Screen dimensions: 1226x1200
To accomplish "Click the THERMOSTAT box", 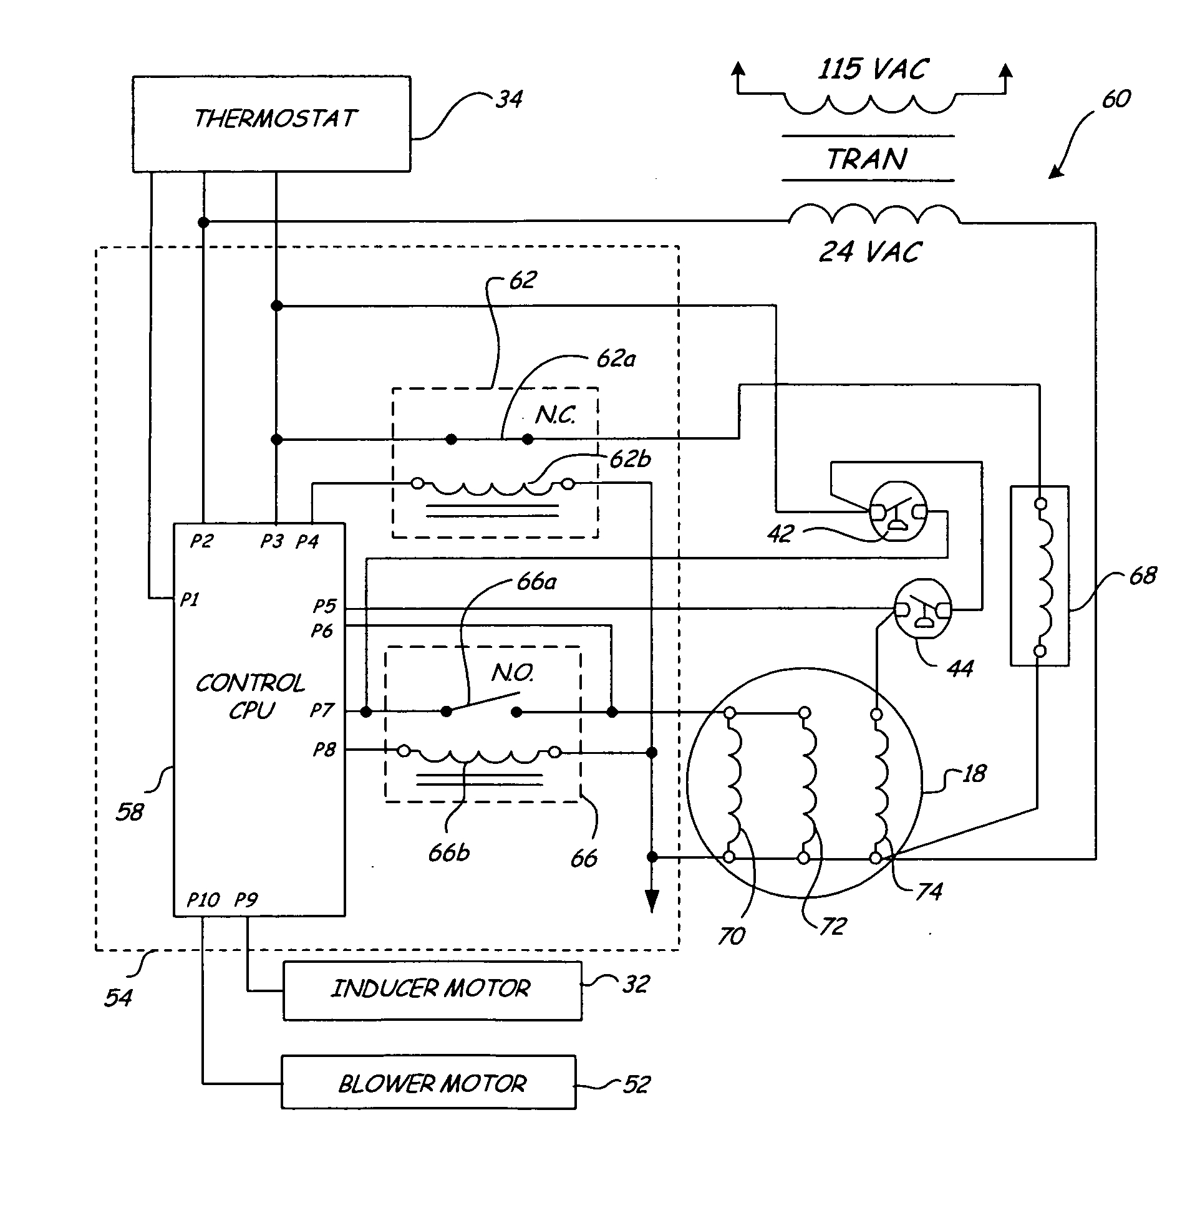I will click(x=271, y=124).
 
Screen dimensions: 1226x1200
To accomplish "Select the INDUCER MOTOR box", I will click(x=432, y=990).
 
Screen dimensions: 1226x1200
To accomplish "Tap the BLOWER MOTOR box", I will click(x=428, y=1084).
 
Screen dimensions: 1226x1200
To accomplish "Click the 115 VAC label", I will click(x=873, y=69).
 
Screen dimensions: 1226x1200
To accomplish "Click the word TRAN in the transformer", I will click(x=867, y=160).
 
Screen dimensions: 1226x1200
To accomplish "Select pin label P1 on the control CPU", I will click(x=190, y=600).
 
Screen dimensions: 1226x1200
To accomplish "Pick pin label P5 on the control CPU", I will click(x=324, y=606).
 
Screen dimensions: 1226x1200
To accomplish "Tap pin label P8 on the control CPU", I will click(x=324, y=750).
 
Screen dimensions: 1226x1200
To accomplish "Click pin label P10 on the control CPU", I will click(x=203, y=900).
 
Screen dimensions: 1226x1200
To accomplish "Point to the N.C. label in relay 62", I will click(x=555, y=415).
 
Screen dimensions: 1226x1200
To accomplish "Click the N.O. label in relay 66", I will click(x=513, y=673).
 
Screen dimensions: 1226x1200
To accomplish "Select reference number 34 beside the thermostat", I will click(x=508, y=100).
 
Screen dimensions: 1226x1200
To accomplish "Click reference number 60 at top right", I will click(x=1116, y=99).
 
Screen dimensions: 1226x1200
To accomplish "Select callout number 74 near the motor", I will click(x=929, y=892).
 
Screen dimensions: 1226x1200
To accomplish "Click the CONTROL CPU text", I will click(x=251, y=697).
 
